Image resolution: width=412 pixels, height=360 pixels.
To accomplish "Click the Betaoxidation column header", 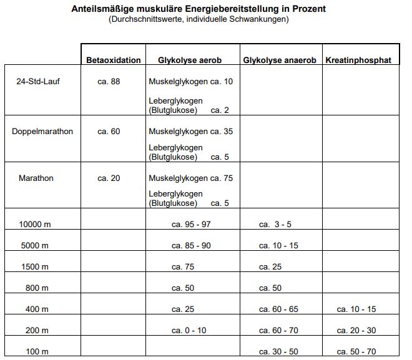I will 114,61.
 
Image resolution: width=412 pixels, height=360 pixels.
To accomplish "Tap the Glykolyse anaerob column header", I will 280,61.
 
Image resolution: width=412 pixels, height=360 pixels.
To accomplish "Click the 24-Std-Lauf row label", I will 38,82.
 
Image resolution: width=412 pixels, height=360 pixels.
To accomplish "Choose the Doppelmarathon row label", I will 42,132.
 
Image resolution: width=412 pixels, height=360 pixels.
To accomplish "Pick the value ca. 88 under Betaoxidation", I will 109,82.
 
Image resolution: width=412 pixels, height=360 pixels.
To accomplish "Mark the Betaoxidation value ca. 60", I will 109,132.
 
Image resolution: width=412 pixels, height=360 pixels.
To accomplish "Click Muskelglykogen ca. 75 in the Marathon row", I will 191,178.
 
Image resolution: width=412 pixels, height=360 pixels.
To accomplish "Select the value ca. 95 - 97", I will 191,225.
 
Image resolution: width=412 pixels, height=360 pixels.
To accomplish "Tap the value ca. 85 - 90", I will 191,246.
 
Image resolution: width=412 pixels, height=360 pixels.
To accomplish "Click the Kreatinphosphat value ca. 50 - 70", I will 356,352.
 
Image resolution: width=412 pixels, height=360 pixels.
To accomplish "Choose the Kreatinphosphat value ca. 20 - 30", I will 356,331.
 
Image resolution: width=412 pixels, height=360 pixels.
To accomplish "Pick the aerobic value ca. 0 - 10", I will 189,331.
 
